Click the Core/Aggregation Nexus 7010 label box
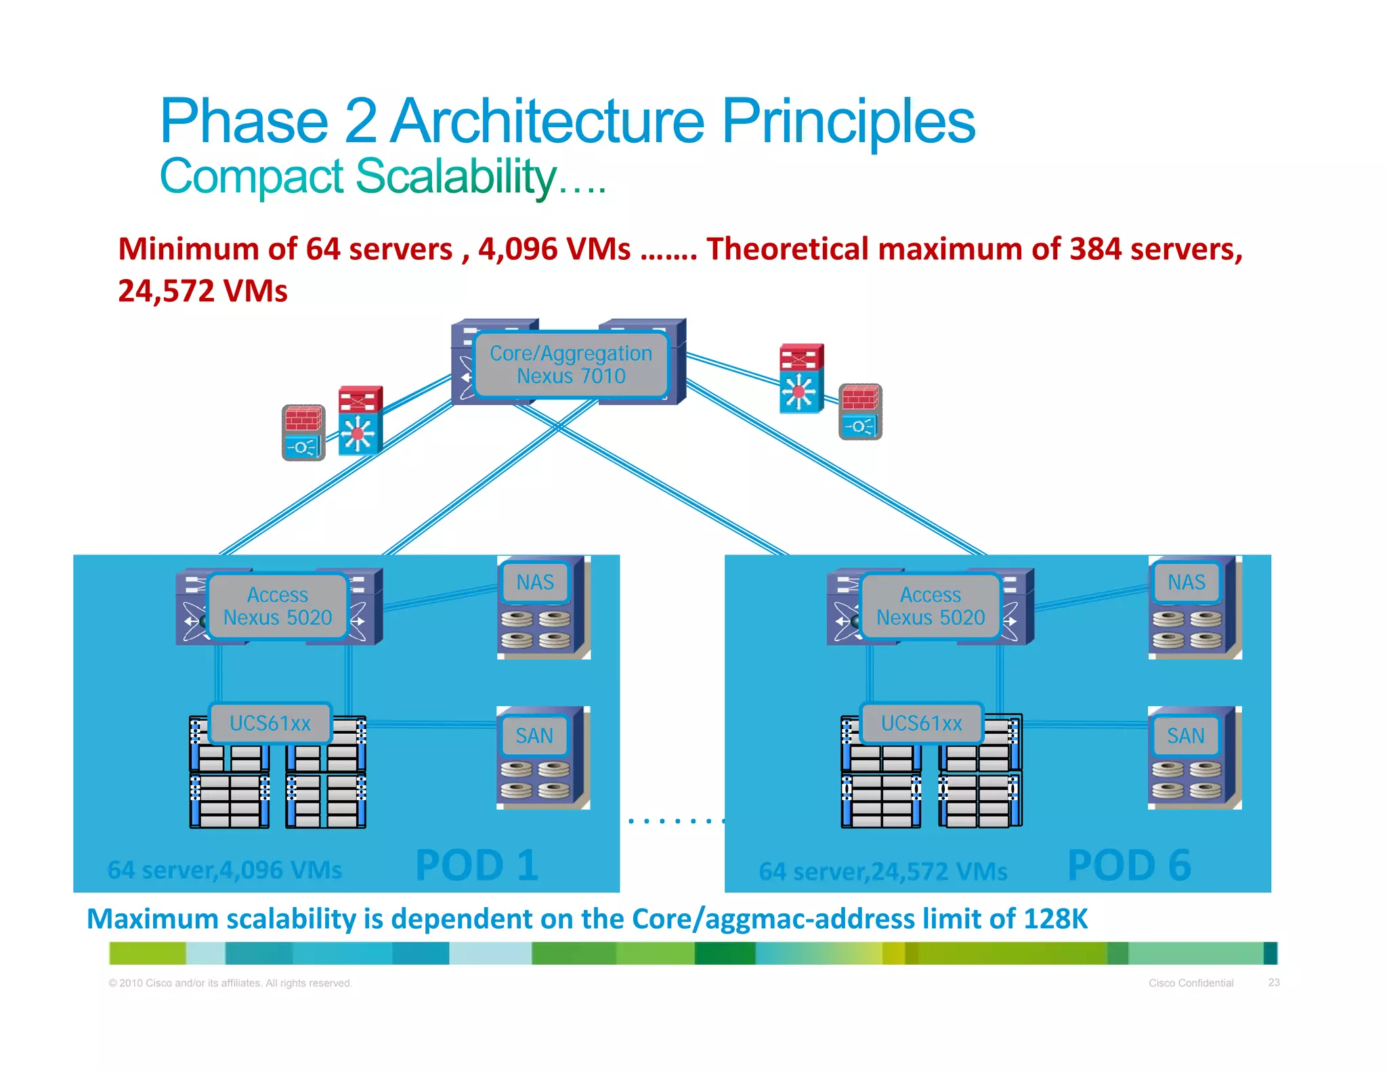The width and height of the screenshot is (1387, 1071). tap(570, 364)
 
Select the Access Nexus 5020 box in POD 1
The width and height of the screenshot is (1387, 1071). tap(278, 606)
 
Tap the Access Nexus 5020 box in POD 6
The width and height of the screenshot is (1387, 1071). tap(930, 606)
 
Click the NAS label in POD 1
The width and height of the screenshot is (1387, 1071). tap(534, 582)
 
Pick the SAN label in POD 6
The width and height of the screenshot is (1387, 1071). tap(1185, 735)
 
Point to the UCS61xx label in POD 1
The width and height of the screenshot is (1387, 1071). tap(270, 723)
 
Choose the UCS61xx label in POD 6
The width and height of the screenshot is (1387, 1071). tap(921, 723)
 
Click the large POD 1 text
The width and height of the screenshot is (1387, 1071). tap(477, 865)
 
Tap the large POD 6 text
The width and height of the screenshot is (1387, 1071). tap(1129, 865)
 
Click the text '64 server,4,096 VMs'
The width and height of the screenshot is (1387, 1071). tap(224, 870)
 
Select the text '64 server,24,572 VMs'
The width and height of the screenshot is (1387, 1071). tap(882, 871)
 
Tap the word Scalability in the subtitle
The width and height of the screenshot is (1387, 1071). tap(455, 176)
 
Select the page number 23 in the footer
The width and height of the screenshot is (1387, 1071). tap(1273, 982)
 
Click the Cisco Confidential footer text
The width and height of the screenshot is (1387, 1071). tap(1191, 983)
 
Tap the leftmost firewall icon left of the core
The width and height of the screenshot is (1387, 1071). tap(303, 432)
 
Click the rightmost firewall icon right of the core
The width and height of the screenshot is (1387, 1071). tap(860, 411)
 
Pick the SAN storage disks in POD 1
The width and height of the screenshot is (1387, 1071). tap(536, 779)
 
